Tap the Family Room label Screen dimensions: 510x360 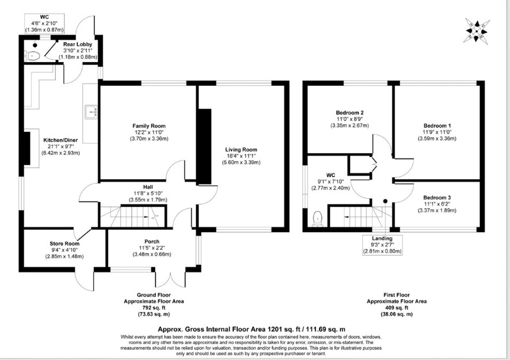coord(149,126)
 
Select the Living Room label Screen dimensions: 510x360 coord(241,150)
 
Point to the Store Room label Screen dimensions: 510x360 coord(64,244)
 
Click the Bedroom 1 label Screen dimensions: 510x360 coord(437,126)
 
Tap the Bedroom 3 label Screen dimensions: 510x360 coord(437,198)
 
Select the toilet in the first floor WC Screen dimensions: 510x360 coord(317,219)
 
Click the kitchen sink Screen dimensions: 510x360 coord(91,112)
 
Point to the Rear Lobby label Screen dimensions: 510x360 coord(78,44)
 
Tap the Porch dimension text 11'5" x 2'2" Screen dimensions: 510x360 coord(152,248)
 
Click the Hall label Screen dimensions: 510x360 coord(148,187)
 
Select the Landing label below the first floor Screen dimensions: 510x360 coord(382,238)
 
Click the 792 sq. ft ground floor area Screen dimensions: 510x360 coord(154,308)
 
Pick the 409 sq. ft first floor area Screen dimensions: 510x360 coord(397,308)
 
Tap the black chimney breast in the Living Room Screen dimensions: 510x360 coord(204,146)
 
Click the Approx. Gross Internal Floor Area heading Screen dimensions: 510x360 coord(252,329)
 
